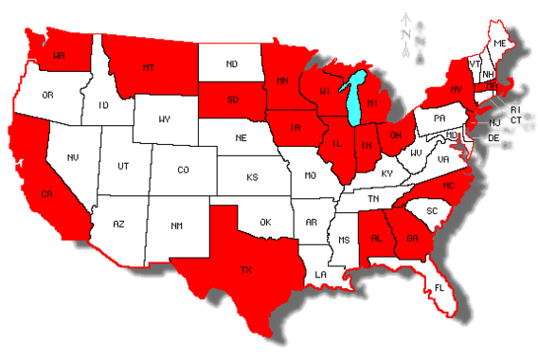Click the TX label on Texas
(x=247, y=270)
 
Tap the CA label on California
(x=45, y=194)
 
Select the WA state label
(x=59, y=55)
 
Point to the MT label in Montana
(x=148, y=68)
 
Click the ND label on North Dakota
(x=231, y=64)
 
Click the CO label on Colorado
(x=184, y=171)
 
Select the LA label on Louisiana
(x=322, y=274)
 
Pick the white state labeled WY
(x=165, y=119)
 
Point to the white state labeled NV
(x=72, y=156)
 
